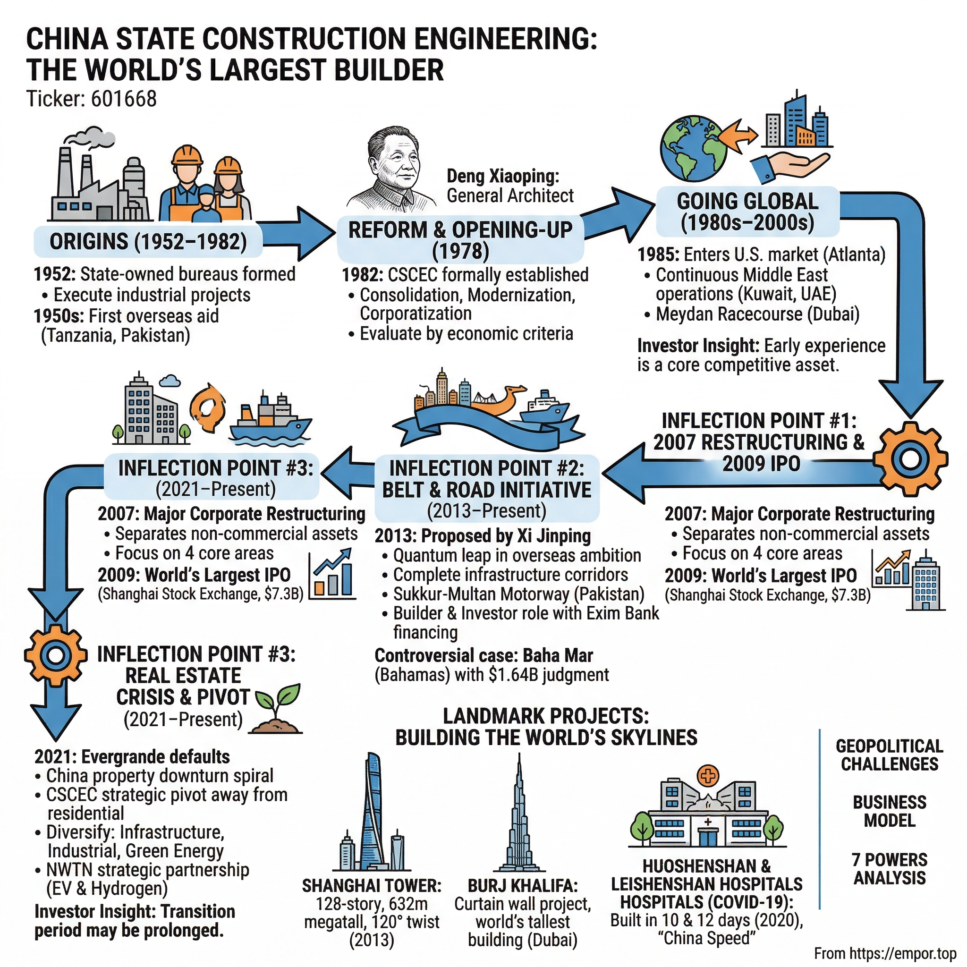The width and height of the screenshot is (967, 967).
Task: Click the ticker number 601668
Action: coord(124,99)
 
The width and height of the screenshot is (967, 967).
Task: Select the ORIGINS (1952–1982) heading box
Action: coord(148,242)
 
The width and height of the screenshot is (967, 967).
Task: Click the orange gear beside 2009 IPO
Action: coord(910,458)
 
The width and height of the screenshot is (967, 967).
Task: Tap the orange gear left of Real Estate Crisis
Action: coord(53,653)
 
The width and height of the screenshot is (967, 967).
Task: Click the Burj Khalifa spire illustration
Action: coord(519,816)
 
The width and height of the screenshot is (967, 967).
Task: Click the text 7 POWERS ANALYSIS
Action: coord(890,868)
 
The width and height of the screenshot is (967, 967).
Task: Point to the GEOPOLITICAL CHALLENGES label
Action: coord(890,755)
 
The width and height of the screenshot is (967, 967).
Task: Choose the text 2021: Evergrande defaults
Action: coord(132,756)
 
